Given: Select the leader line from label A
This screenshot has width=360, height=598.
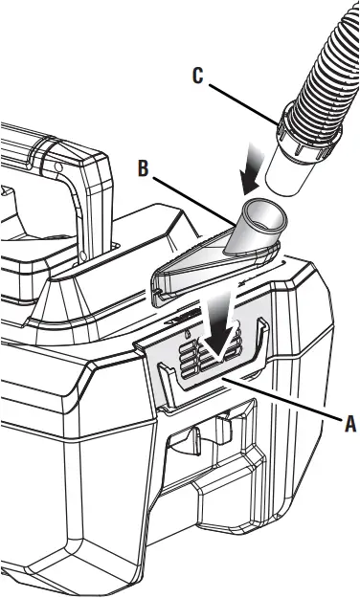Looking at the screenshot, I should [x=278, y=401].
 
